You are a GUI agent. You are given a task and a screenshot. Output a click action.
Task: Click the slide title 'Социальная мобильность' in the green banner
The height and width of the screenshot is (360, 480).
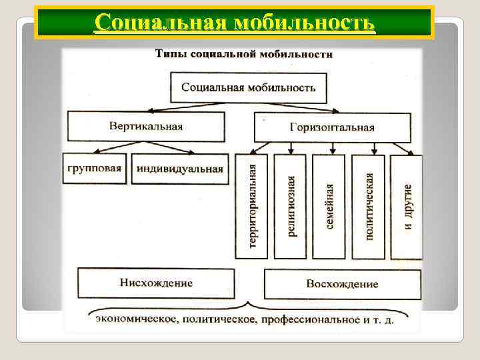(x=235, y=23)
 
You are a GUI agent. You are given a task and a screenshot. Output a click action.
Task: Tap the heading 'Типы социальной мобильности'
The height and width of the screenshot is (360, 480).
(x=243, y=55)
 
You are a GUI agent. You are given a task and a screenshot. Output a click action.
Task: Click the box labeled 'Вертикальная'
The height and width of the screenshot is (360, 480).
(x=145, y=126)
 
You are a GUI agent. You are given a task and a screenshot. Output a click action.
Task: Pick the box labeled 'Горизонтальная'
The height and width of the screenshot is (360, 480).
(x=332, y=127)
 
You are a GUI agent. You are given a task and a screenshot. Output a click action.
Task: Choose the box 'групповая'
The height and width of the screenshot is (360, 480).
(x=95, y=168)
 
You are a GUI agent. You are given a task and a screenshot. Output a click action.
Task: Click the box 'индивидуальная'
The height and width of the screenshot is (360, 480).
(x=179, y=169)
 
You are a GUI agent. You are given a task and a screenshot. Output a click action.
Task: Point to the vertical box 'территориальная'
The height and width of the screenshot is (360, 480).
(x=251, y=207)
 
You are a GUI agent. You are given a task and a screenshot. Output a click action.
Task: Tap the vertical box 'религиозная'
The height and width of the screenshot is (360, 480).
(x=290, y=207)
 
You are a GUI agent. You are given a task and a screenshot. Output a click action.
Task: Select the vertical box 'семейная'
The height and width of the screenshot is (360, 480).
(x=329, y=207)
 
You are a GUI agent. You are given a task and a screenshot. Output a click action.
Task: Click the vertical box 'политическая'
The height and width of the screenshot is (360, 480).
(x=369, y=207)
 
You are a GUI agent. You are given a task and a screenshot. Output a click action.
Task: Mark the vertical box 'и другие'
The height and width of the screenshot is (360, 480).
(x=407, y=207)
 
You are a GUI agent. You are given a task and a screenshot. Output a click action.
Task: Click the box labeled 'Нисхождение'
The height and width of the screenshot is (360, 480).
(x=156, y=283)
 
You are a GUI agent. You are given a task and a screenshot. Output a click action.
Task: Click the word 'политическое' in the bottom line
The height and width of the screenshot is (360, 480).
(x=217, y=319)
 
